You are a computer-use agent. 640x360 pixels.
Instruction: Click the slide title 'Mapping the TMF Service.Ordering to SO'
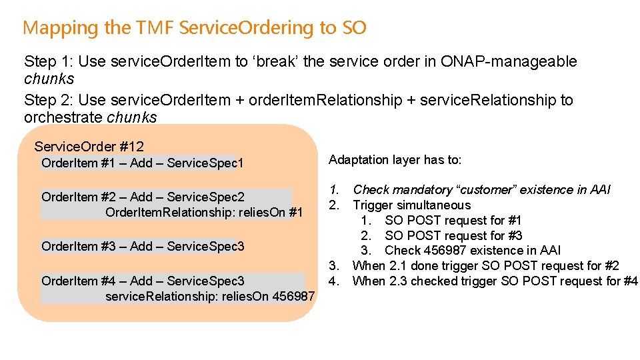click(194, 28)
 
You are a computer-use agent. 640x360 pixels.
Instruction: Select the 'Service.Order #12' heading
click(89, 147)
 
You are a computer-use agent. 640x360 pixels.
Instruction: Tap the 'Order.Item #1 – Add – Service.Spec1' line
click(143, 163)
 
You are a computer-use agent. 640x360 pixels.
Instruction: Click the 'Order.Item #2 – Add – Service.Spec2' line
click(143, 197)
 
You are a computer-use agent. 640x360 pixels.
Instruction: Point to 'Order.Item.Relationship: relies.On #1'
click(204, 213)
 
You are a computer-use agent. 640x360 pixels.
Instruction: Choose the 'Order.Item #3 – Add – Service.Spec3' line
click(143, 247)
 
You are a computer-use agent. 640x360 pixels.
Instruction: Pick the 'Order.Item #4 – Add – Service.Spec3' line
click(143, 281)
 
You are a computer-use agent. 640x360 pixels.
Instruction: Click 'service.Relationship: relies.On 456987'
click(210, 295)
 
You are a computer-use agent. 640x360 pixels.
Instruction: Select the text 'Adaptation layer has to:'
click(395, 160)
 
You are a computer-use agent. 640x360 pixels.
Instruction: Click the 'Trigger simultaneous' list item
click(411, 205)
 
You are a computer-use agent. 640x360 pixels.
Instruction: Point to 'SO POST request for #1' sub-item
click(453, 221)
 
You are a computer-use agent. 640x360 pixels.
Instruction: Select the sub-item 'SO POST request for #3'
click(453, 236)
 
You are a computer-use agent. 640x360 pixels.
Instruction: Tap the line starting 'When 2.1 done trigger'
click(485, 266)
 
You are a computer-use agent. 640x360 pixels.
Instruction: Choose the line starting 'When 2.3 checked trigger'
click(495, 281)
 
